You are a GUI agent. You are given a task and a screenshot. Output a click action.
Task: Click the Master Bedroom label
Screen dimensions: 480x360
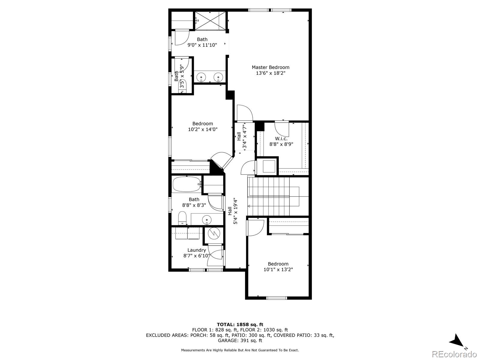(271, 67)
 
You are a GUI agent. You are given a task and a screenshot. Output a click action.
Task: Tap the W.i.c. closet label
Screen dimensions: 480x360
(281, 139)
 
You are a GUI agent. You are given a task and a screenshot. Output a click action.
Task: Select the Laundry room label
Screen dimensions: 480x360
(196, 250)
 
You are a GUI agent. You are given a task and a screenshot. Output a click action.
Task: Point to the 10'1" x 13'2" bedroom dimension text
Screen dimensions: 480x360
(278, 269)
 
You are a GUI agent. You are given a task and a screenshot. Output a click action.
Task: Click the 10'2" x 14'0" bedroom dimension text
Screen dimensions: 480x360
(203, 129)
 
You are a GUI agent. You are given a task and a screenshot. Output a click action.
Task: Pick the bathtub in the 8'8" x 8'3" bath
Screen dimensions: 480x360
(187, 184)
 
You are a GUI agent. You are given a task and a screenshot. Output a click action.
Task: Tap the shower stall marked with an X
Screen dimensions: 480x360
(210, 20)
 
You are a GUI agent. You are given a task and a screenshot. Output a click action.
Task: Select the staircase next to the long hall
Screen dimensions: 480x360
(278, 196)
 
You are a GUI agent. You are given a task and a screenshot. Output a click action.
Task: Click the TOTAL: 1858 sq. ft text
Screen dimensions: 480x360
(240, 325)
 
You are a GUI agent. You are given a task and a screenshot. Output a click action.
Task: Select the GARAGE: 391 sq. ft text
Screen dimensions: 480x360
(240, 340)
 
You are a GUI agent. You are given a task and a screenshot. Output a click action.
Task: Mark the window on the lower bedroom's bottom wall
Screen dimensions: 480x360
(277, 298)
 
